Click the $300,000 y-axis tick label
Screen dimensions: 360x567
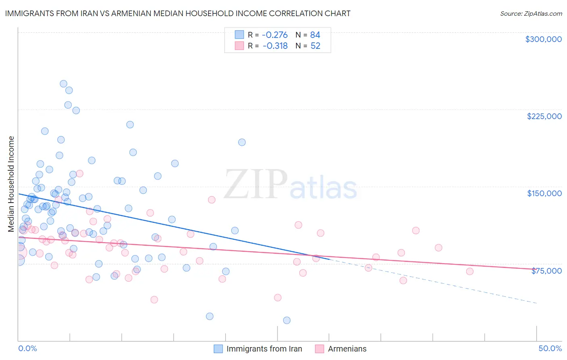click(543, 39)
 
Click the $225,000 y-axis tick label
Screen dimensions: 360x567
click(544, 116)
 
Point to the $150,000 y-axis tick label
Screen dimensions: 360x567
click(544, 193)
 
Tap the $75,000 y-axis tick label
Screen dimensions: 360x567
click(546, 271)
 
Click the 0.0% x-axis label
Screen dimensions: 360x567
click(27, 348)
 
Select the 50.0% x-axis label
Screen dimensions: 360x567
click(550, 348)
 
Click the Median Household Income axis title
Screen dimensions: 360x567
click(11, 184)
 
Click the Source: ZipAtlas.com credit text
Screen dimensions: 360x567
click(531, 14)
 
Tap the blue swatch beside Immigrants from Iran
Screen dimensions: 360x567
click(218, 349)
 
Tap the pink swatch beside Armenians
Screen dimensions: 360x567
click(319, 349)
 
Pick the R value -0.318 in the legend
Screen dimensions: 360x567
click(275, 46)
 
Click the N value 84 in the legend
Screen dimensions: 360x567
click(315, 35)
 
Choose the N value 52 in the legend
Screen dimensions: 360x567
click(315, 46)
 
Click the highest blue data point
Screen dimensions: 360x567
click(63, 84)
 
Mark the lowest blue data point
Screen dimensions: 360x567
click(287, 320)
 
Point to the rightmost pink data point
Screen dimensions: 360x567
click(469, 271)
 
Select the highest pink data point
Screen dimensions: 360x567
click(79, 174)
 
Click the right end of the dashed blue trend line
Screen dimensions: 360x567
click(537, 303)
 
